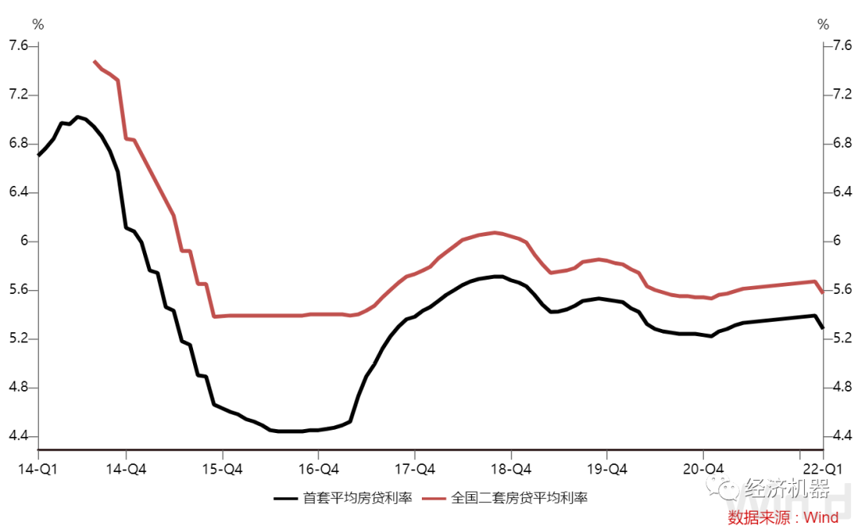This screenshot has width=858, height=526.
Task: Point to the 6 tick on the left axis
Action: (x=23, y=242)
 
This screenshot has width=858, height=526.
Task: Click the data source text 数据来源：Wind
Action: (x=783, y=517)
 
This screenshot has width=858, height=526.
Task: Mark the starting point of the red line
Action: (x=95, y=61)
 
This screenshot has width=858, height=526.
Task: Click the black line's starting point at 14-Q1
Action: (x=38, y=155)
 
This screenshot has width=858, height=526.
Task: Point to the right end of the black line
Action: (x=822, y=327)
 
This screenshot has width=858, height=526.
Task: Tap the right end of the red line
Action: (x=822, y=293)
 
